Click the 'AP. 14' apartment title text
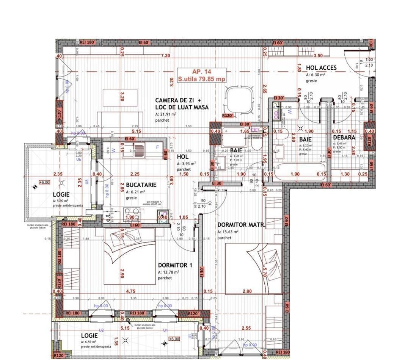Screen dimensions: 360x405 pos(202,72)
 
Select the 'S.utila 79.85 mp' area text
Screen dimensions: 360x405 pos(202,79)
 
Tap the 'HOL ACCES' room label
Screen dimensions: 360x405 pos(321,68)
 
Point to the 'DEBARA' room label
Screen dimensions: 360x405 pos(344,138)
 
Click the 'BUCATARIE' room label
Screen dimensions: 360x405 pos(141,185)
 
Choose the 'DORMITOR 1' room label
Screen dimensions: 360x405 pos(175,265)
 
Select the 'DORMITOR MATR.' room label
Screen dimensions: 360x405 pos(242,225)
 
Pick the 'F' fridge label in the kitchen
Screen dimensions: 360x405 pos(158,147)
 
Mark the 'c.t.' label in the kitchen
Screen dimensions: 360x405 pos(108,217)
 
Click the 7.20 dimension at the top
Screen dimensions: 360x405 pos(165,56)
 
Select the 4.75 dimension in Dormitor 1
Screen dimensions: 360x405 pos(130,291)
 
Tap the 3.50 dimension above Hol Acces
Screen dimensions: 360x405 pos(318,56)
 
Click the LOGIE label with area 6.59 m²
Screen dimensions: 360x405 pos(89,336)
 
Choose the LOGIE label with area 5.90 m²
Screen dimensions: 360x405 pos(61,194)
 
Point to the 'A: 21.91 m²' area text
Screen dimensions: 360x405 pos(165,114)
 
